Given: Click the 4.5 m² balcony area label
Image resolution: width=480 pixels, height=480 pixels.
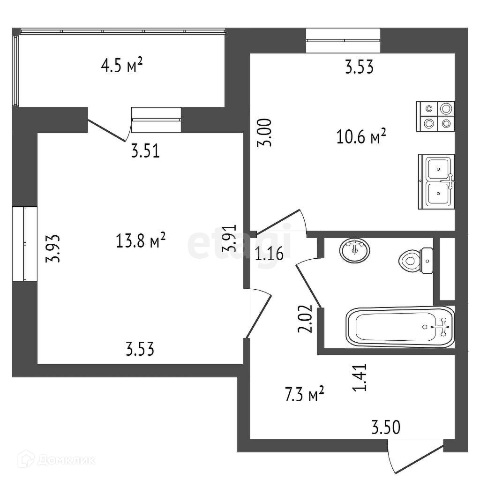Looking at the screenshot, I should pyautogui.click(x=121, y=66).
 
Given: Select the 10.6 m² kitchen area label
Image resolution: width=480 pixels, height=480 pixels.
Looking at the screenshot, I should pyautogui.click(x=361, y=137).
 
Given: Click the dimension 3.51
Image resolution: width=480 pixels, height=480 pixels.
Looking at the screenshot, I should pyautogui.click(x=146, y=151).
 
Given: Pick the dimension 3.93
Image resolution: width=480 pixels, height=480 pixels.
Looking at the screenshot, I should pyautogui.click(x=55, y=248).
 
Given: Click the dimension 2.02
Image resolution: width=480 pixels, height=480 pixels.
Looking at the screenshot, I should pyautogui.click(x=305, y=319).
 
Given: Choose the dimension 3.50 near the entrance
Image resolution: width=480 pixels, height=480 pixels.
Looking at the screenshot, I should pyautogui.click(x=386, y=427).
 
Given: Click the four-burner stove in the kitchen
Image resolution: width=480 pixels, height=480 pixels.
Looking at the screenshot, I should pyautogui.click(x=435, y=116).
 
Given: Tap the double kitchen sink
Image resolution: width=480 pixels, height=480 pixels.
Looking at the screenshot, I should pyautogui.click(x=436, y=181).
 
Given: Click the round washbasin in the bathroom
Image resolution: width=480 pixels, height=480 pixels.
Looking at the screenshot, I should pyautogui.click(x=354, y=250).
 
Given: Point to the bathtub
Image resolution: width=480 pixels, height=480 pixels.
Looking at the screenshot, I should pyautogui.click(x=400, y=327).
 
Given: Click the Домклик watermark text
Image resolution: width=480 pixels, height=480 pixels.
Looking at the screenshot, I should pyautogui.click(x=65, y=460).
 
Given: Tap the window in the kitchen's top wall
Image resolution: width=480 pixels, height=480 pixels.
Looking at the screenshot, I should pyautogui.click(x=343, y=40).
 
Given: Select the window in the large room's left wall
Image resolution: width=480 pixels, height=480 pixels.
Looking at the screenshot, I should pyautogui.click(x=24, y=244).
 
